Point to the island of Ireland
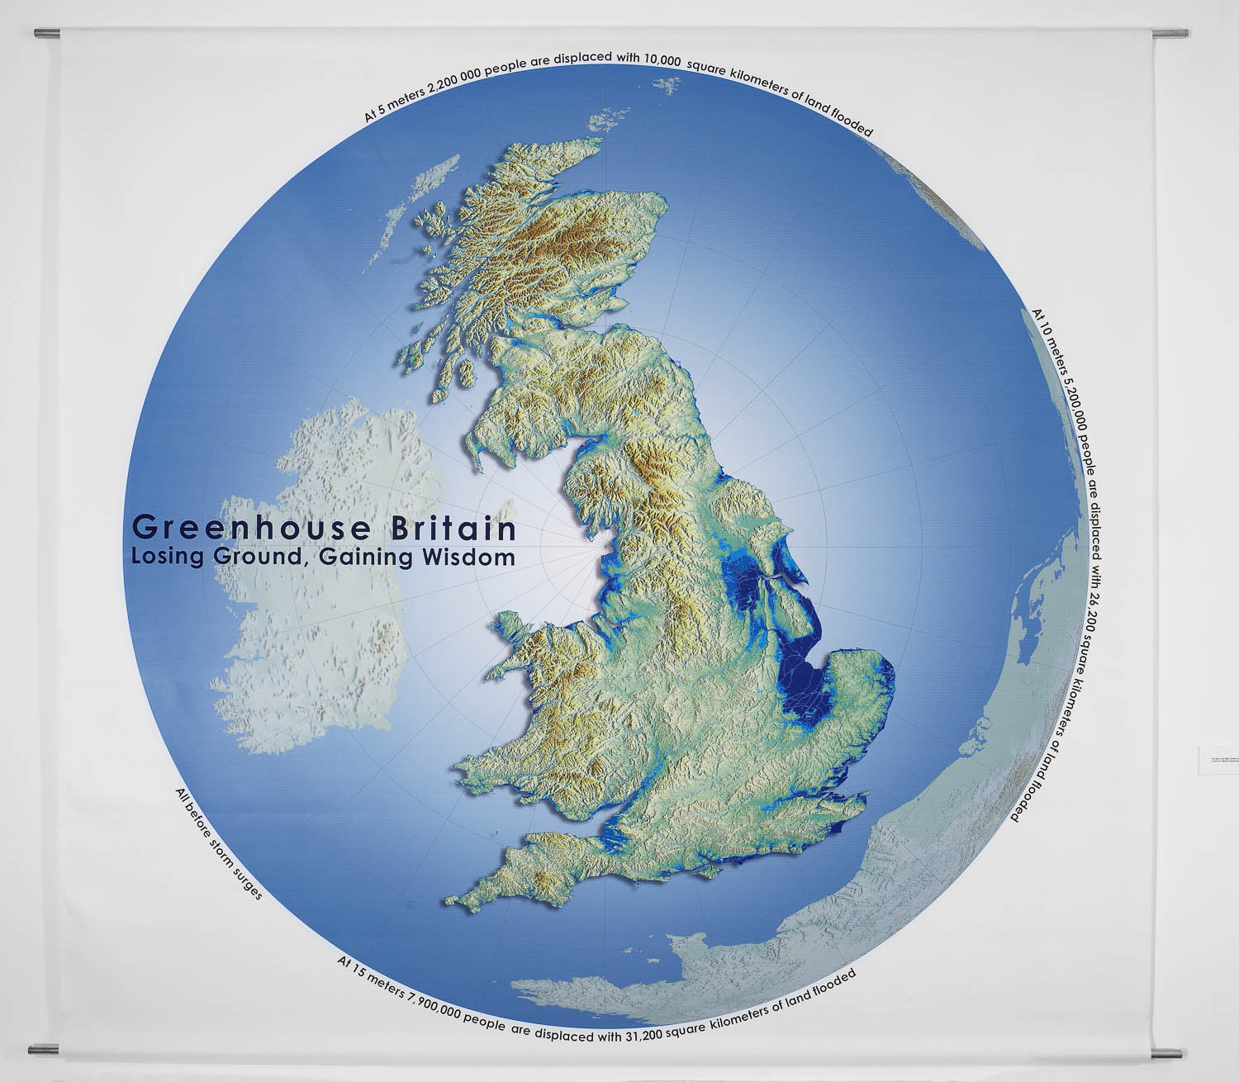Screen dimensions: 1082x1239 pyautogui.click(x=322, y=570)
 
